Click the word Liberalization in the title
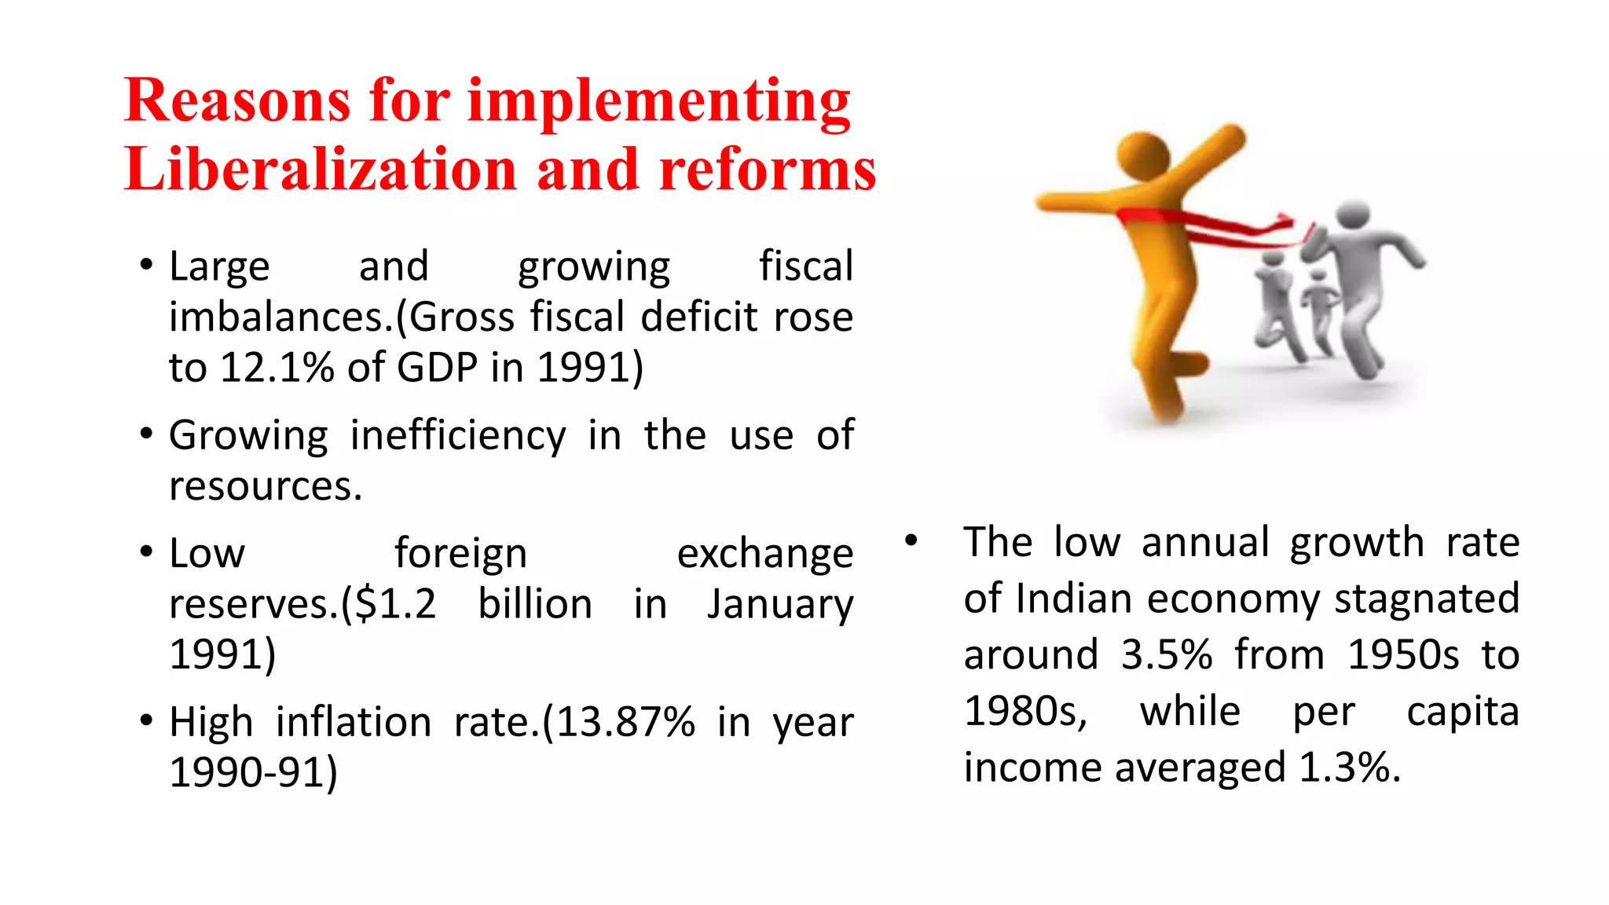tap(321, 170)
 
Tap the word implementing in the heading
tap(658, 102)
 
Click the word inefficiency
tap(457, 436)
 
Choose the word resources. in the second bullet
tap(266, 486)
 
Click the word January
tap(779, 606)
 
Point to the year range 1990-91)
tap(253, 772)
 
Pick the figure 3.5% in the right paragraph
tap(1167, 654)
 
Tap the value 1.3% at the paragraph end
tap(1349, 768)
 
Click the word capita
tap(1462, 712)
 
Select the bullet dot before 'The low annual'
tap(911, 540)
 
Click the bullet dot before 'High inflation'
tap(146, 720)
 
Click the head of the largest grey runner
tap(1353, 214)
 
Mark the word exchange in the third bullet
tap(764, 554)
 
